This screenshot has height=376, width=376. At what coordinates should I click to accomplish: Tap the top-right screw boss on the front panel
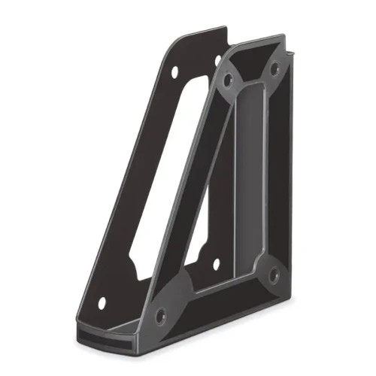pos(274,68)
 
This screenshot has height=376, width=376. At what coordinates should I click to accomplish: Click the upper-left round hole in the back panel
pos(174,73)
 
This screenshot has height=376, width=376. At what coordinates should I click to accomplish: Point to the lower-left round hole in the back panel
pos(102,303)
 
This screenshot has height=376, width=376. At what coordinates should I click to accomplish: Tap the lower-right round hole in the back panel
pos(216,265)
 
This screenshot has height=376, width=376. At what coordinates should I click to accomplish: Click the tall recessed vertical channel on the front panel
pos(248,180)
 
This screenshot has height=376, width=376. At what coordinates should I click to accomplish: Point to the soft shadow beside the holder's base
pos(316,301)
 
